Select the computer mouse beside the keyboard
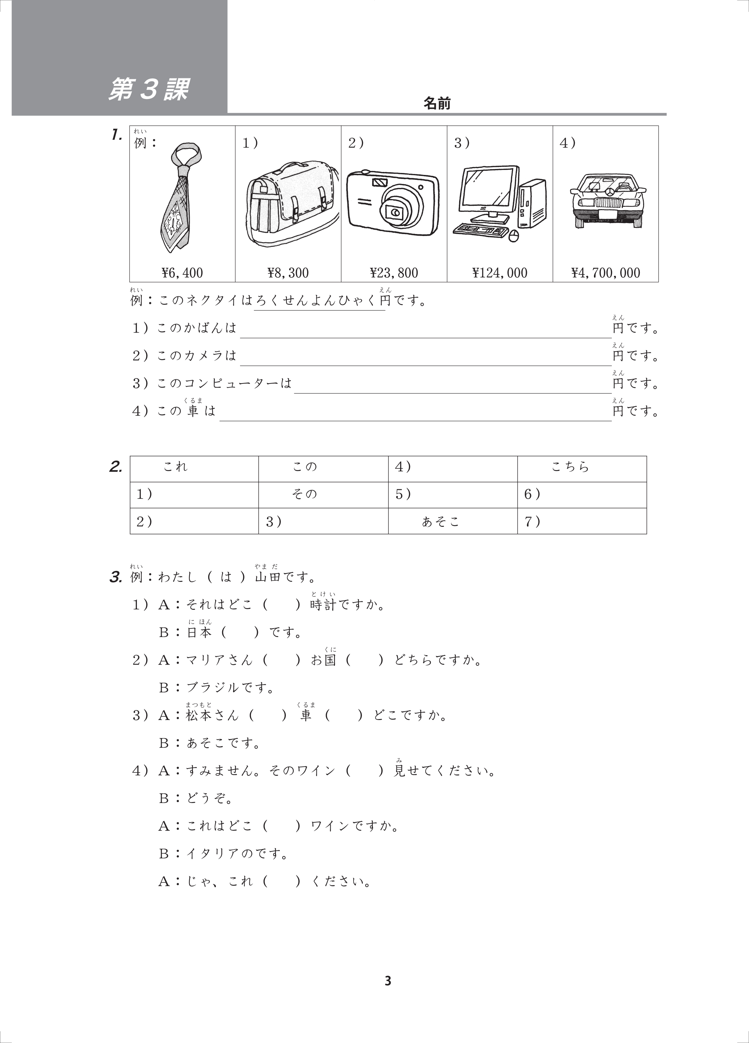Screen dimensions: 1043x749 point(513,236)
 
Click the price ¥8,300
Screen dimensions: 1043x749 point(288,273)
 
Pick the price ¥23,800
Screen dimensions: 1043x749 point(394,273)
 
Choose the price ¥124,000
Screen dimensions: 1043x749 point(500,273)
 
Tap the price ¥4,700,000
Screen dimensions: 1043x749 point(606,273)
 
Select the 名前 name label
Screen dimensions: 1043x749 point(437,104)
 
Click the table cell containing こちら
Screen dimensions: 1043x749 point(582,469)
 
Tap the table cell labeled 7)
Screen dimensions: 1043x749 point(582,521)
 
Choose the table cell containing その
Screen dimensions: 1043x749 point(323,495)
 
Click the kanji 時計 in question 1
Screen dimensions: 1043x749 point(323,605)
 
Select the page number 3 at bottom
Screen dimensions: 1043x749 point(387,981)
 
